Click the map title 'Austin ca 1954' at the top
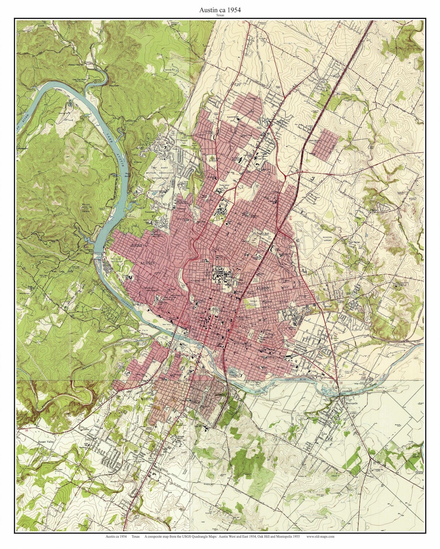click(x=220, y=10)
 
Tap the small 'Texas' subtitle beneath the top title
click(x=220, y=15)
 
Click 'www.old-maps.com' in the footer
click(x=320, y=537)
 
